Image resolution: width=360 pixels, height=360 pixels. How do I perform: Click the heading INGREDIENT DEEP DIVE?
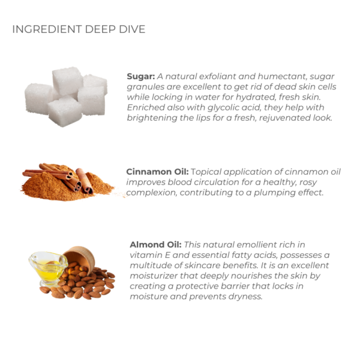79,29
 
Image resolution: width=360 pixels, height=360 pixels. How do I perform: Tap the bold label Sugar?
141,76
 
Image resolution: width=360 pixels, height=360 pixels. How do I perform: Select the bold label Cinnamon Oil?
157,172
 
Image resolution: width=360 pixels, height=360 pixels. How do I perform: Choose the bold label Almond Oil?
155,245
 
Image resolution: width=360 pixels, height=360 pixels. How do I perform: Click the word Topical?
206,172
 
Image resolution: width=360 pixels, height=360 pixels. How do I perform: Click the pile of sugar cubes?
66,97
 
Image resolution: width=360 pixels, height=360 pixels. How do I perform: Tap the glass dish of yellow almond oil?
48,269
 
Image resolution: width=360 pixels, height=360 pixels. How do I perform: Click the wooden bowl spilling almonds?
79,258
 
